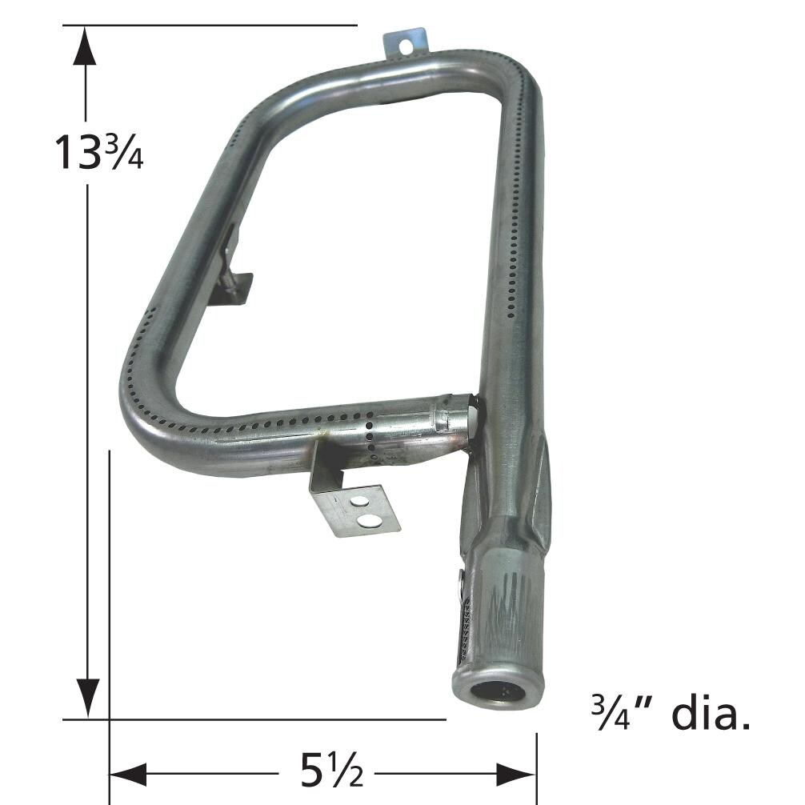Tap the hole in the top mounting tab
(x=406, y=46)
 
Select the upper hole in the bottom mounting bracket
(x=359, y=502)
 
